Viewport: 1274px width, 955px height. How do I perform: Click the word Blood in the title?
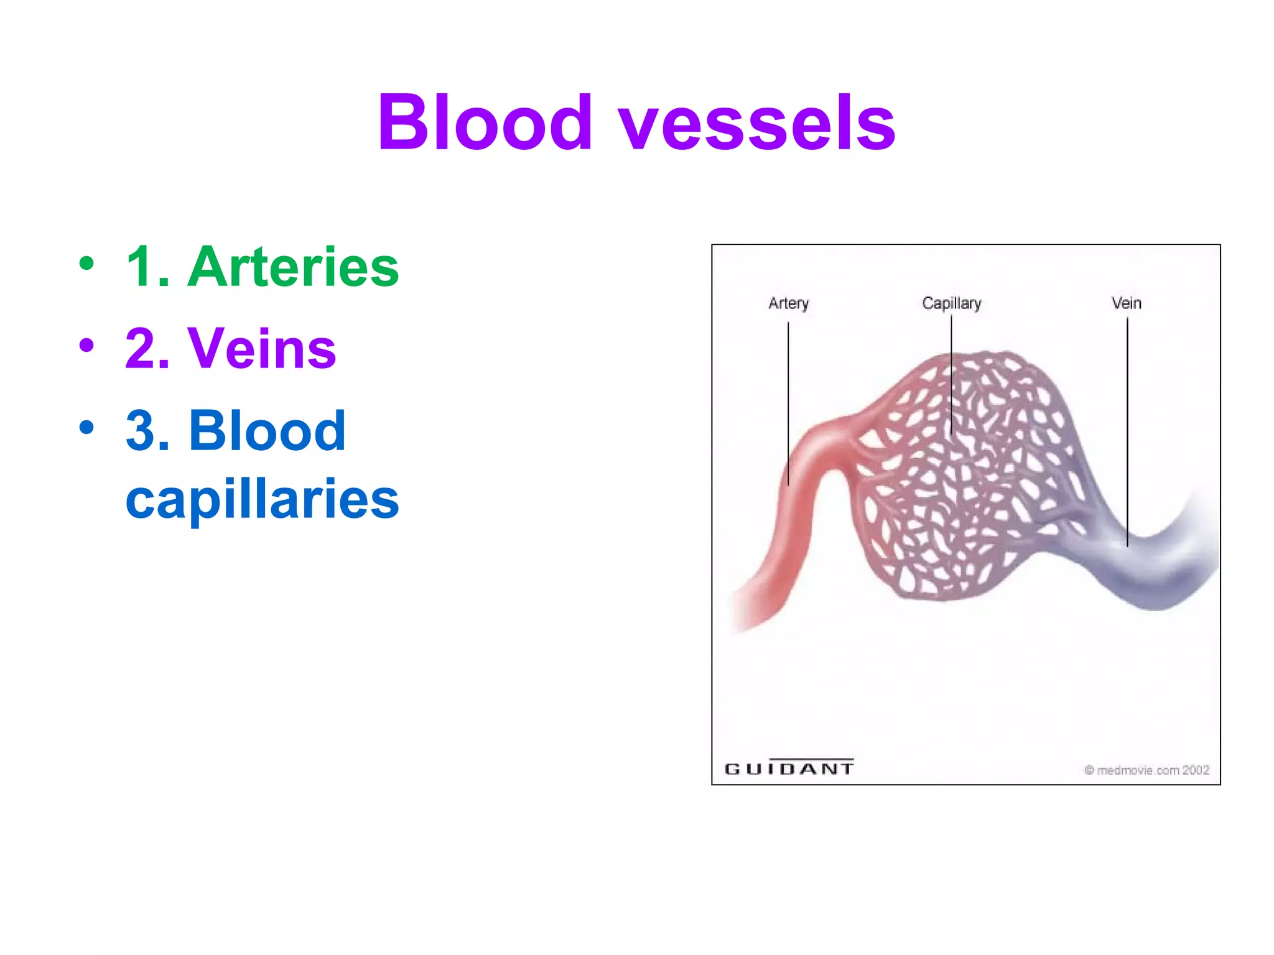tap(485, 122)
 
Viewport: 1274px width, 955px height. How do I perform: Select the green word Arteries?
tap(293, 267)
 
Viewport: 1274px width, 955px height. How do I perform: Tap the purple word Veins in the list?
tap(262, 349)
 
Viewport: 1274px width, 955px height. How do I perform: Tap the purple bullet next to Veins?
tap(86, 346)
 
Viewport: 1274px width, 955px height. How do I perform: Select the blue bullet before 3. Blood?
tap(86, 428)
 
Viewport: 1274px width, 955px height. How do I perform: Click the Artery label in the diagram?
tap(788, 303)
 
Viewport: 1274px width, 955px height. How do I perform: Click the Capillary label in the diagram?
tap(951, 303)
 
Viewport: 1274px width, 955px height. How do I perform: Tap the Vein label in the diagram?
tap(1126, 303)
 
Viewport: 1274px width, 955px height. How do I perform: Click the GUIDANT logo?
tap(789, 768)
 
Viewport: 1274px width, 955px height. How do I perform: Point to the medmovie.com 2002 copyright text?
tap(1146, 770)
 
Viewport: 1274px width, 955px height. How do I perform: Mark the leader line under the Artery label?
tap(788, 404)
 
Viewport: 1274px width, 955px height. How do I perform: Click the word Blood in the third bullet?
tap(267, 431)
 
